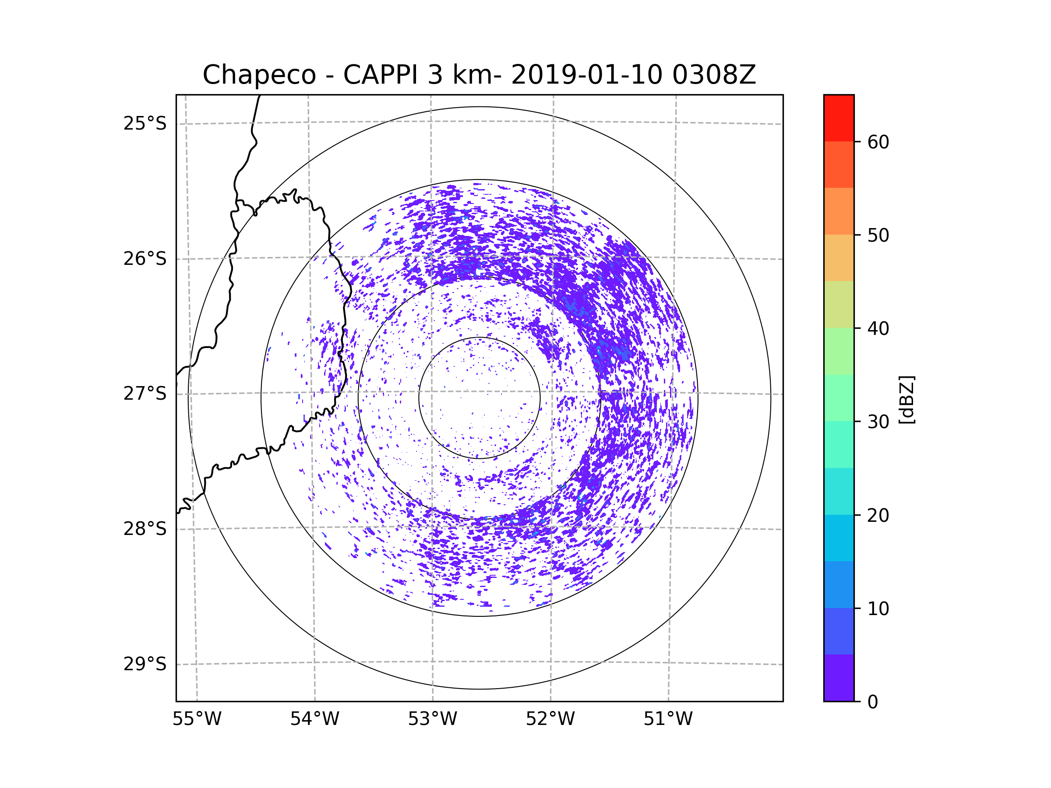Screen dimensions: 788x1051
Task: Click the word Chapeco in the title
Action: coord(259,75)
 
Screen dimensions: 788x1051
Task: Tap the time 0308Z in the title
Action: coord(714,75)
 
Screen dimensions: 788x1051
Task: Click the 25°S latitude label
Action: coord(145,123)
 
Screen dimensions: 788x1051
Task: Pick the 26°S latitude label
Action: coord(145,259)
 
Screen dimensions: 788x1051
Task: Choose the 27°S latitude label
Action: coord(145,394)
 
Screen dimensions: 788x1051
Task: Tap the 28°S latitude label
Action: coord(145,529)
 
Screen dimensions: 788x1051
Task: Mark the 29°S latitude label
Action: coord(145,664)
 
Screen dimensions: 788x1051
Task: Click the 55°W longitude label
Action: coord(197,719)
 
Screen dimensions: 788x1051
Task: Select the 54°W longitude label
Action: coord(314,719)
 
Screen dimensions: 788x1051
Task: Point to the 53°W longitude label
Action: coord(432,719)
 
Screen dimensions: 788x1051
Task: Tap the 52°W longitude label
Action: coord(550,719)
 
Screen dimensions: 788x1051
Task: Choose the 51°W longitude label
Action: coord(668,719)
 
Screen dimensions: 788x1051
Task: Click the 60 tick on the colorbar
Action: coord(878,142)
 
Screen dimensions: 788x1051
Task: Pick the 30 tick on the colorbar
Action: coord(878,422)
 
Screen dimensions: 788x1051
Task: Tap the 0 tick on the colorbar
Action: coord(873,702)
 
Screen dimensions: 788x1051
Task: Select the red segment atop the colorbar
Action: coord(839,118)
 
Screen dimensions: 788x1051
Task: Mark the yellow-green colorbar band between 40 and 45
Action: coord(839,304)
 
